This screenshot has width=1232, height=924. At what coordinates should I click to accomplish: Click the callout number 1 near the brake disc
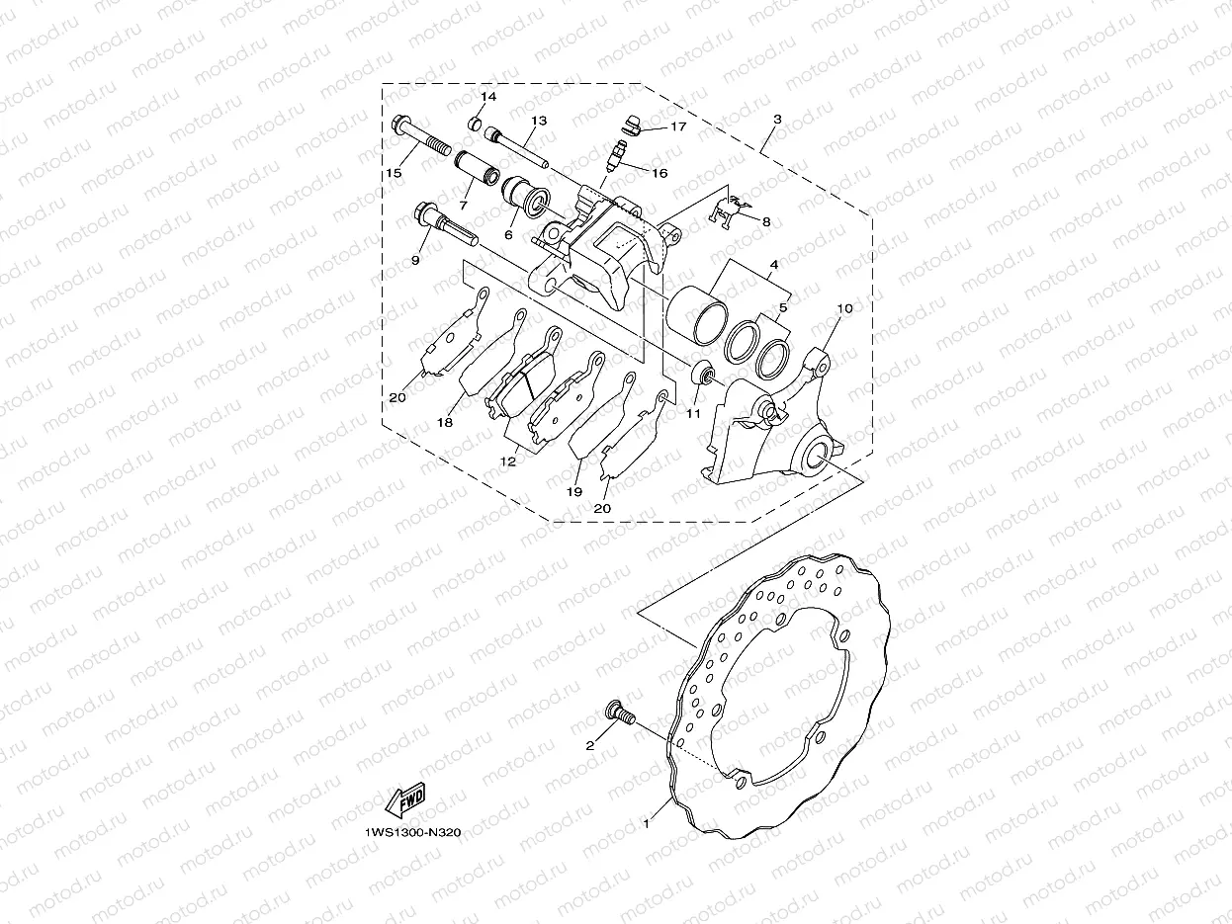coord(648,821)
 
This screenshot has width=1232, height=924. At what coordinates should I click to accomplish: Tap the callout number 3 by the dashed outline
coord(777,119)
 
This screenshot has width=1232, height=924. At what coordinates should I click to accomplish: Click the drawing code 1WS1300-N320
coord(412,832)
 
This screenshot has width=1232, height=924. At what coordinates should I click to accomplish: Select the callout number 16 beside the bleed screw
coord(660,173)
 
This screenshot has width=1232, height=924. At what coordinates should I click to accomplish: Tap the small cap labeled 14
coord(475,124)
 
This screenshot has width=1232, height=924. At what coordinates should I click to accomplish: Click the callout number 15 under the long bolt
coord(394,173)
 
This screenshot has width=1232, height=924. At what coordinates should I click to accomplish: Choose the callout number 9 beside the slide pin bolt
coord(415,260)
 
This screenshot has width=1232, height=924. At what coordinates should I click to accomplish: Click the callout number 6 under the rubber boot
coord(508,235)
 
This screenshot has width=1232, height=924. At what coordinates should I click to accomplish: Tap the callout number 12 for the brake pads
coord(508,462)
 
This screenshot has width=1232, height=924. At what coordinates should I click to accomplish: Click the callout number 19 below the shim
coord(573,491)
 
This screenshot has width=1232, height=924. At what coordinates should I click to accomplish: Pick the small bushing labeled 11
coord(703,376)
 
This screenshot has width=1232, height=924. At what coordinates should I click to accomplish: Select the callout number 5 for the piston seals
coord(783,307)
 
